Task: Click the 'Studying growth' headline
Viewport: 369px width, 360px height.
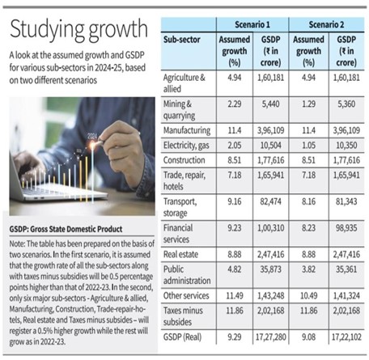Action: [x=78, y=30]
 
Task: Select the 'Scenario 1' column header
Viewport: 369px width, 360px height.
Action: [x=252, y=25]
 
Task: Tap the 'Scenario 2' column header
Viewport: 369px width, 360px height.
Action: [x=326, y=25]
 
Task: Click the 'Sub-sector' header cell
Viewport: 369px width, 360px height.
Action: [x=181, y=40]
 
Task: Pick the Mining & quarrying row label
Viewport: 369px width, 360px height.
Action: [x=179, y=110]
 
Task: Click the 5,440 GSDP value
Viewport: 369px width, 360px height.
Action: [x=270, y=104]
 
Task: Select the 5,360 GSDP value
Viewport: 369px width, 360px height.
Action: [x=346, y=104]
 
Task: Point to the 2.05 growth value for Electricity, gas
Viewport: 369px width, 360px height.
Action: [x=235, y=146]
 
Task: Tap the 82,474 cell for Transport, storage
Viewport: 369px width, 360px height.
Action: [x=270, y=201]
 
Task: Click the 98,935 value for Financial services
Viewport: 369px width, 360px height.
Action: [x=346, y=228]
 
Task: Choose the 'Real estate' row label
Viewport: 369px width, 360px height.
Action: [x=180, y=254]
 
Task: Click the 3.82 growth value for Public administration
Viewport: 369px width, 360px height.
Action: [x=308, y=269]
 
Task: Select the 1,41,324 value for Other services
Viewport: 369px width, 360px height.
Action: [x=346, y=296]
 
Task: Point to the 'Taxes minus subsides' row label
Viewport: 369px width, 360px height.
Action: [x=183, y=316]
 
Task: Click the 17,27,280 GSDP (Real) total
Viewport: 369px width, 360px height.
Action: [x=270, y=337]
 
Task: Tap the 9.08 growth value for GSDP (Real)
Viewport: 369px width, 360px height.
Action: [x=308, y=337]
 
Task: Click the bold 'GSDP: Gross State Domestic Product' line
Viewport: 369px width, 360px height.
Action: [x=66, y=229]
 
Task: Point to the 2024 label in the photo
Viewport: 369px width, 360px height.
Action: [x=91, y=136]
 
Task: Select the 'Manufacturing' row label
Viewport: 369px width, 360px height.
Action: [x=187, y=130]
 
